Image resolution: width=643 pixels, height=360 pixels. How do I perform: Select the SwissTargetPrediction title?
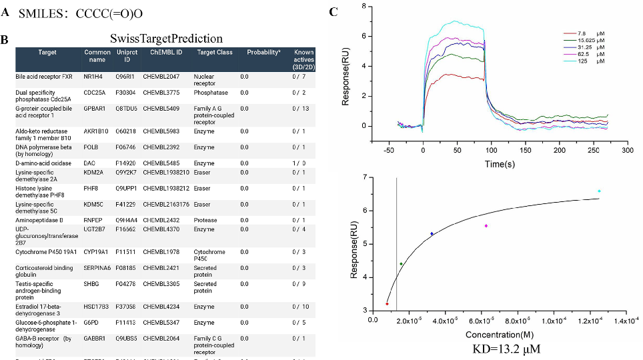[166, 39]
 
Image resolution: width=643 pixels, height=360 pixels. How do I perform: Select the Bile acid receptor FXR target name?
[43, 77]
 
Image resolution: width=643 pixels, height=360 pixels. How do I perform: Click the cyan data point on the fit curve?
[599, 191]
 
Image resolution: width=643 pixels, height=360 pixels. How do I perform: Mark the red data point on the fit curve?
[387, 304]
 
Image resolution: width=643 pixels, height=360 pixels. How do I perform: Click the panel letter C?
[334, 12]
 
